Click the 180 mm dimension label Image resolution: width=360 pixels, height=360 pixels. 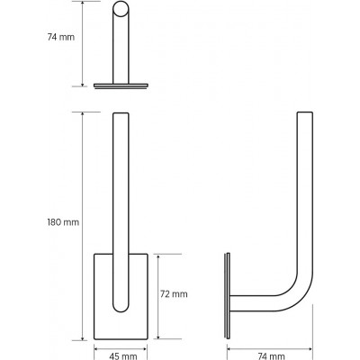click(x=63, y=222)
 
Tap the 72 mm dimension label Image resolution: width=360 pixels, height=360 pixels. click(x=174, y=294)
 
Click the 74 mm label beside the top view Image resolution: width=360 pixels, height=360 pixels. click(x=61, y=37)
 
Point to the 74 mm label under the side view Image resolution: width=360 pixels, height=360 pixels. click(x=271, y=356)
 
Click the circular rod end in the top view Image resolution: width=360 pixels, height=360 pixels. click(x=121, y=9)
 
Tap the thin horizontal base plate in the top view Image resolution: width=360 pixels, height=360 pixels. click(x=121, y=85)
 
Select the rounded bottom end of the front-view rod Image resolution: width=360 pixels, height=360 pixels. click(x=121, y=308)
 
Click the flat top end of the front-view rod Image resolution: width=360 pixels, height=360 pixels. click(x=121, y=113)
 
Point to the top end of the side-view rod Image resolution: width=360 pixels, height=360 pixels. click(x=305, y=112)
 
